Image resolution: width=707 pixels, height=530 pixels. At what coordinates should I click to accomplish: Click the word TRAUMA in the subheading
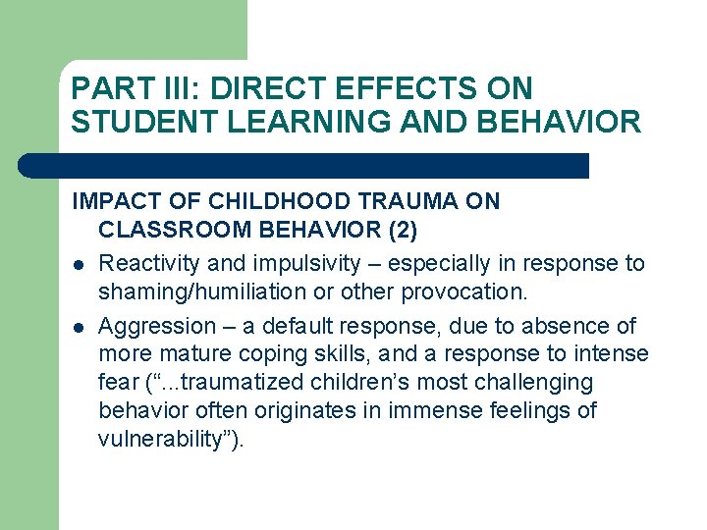coord(408,202)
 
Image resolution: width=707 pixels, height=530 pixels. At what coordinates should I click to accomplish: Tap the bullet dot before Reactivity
coord(78,265)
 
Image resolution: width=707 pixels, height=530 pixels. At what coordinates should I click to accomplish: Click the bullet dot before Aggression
coord(78,327)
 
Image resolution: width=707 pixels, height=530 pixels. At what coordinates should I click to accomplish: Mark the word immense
coord(429,410)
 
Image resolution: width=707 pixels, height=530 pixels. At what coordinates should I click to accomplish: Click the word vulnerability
coord(162,439)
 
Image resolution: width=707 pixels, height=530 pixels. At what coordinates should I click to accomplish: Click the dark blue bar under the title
coord(304,166)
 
